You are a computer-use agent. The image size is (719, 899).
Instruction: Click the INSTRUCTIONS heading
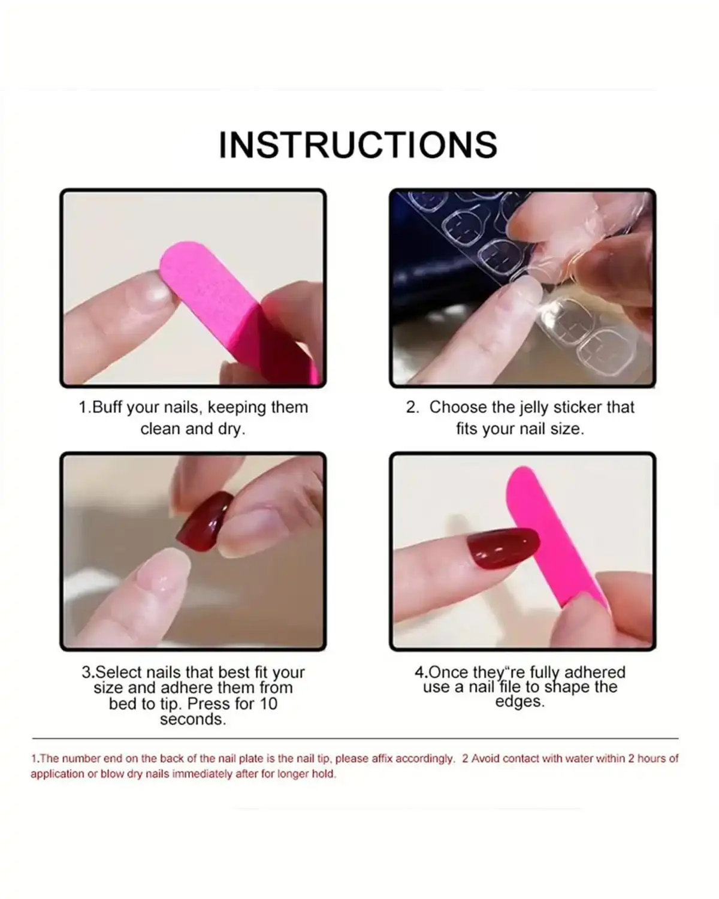358,144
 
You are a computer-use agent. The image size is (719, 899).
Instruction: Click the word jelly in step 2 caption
532,408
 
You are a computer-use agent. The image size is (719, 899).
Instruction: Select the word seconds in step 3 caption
193,719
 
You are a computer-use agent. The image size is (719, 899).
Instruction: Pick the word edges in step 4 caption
519,702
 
